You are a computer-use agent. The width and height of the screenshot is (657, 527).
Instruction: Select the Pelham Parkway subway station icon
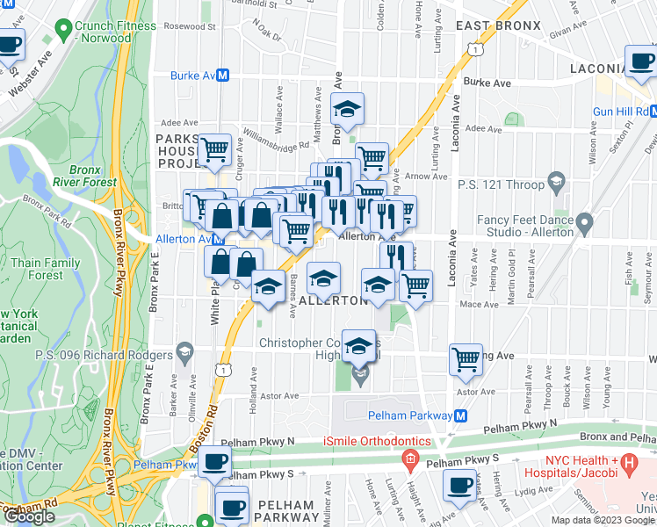pyautogui.click(x=459, y=415)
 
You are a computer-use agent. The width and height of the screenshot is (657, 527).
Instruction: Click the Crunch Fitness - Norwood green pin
pyautogui.click(x=62, y=30)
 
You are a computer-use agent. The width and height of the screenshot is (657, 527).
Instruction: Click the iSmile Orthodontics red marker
pyautogui.click(x=408, y=458)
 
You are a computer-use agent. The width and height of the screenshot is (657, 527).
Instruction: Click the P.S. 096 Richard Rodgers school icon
pyautogui.click(x=184, y=354)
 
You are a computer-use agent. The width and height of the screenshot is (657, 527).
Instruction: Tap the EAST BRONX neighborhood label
pyautogui.click(x=498, y=25)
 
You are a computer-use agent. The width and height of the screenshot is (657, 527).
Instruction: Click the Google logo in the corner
pyautogui.click(x=30, y=516)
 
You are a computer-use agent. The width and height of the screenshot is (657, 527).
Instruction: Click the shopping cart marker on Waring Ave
pyautogui.click(x=466, y=357)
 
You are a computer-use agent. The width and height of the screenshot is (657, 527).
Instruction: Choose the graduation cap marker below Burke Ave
pyautogui.click(x=348, y=110)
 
